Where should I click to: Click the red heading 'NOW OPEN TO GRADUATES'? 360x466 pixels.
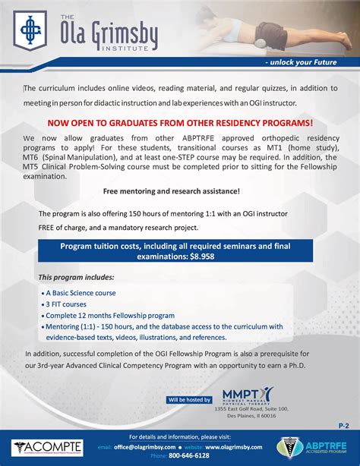(x=180, y=122)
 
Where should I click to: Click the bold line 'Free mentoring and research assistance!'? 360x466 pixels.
(x=171, y=191)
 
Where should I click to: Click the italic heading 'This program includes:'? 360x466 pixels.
(x=76, y=277)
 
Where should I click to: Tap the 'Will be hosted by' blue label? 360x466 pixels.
(x=191, y=399)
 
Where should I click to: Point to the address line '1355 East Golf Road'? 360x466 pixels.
(x=251, y=409)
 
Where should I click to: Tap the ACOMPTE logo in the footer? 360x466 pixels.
(x=43, y=449)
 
